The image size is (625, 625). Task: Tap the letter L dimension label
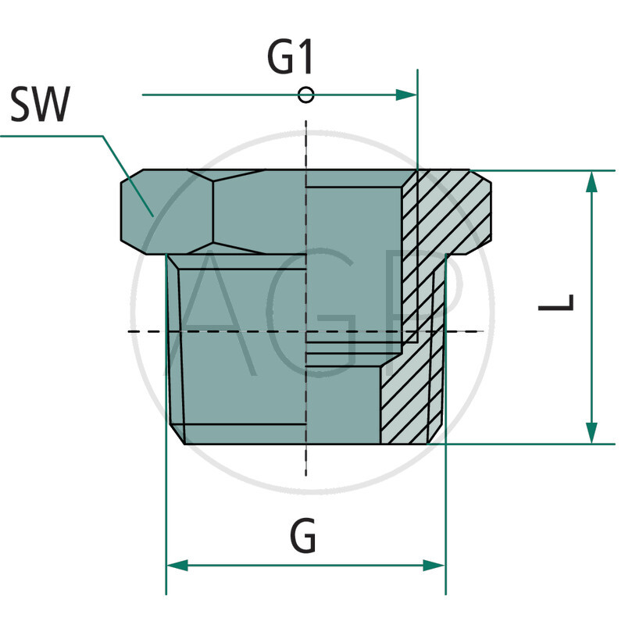click(x=557, y=302)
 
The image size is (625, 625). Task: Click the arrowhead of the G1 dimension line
click(x=407, y=95)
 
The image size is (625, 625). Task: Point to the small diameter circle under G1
click(x=306, y=95)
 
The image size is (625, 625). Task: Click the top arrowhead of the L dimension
click(x=591, y=181)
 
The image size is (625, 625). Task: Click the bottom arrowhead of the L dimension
click(x=591, y=432)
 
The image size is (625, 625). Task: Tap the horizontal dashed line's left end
click(x=130, y=332)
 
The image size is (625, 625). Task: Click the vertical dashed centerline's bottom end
click(x=306, y=473)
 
